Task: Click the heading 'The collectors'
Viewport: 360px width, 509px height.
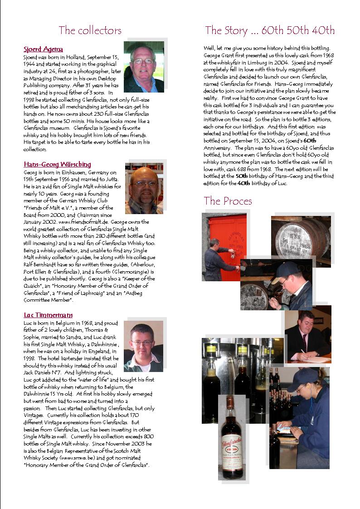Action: (90, 30)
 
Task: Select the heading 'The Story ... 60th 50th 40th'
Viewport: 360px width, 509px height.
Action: (270, 30)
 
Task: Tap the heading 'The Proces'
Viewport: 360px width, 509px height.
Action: (228, 201)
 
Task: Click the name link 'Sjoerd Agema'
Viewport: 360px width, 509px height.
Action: (43, 49)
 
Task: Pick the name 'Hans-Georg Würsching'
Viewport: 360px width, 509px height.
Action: (57, 164)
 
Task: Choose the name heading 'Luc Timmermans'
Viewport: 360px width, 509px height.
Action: (48, 315)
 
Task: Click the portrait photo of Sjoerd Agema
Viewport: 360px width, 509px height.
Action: (144, 67)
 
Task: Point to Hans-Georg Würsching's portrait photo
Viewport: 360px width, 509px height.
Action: (144, 188)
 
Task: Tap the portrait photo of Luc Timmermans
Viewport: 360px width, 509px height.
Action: (143, 346)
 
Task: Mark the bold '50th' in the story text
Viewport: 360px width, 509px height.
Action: (242, 176)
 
